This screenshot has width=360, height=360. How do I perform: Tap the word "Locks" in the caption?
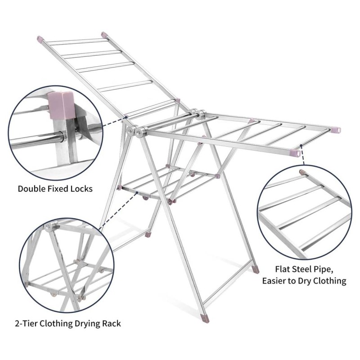click(81, 189)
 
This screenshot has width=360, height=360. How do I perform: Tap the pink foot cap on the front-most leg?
click(205, 318)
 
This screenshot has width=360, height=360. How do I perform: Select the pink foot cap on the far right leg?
click(255, 270)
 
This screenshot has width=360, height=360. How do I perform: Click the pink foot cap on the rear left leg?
click(148, 235)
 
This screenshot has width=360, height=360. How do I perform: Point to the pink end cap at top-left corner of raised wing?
click(40, 39)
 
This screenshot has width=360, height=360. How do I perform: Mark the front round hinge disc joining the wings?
click(139, 131)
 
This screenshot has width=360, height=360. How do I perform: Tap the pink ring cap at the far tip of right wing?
click(336, 130)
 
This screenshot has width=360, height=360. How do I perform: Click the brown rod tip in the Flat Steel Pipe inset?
click(301, 172)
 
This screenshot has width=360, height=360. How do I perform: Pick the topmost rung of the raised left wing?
click(77, 41)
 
